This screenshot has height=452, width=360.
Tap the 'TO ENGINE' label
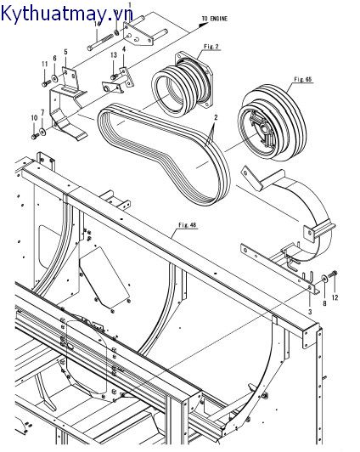216,18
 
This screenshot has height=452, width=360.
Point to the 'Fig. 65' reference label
303,78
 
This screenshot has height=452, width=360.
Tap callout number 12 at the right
335,297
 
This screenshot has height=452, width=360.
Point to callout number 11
44,64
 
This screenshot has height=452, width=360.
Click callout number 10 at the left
35,117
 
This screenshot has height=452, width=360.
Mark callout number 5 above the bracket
65,53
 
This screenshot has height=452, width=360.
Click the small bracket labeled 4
112,85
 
